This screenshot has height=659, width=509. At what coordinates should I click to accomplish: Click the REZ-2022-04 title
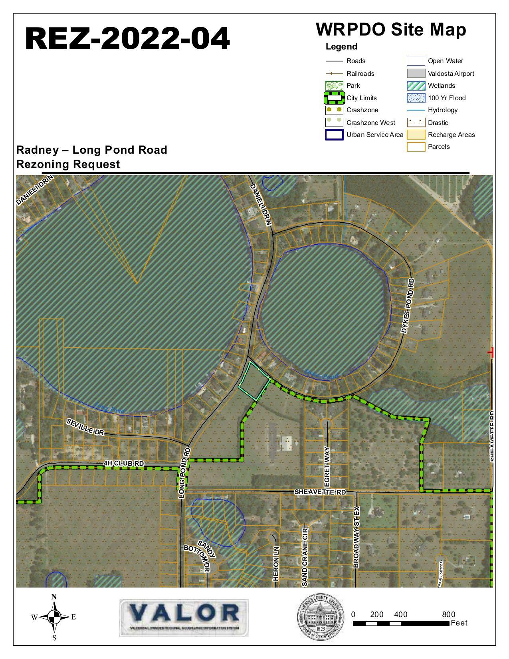tap(127, 39)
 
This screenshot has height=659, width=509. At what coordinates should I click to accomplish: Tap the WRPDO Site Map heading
tap(391, 30)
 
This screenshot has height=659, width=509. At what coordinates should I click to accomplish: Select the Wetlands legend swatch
tap(416, 85)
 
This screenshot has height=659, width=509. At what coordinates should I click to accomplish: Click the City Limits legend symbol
tap(334, 98)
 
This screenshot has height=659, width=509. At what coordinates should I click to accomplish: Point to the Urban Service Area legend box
tap(334, 135)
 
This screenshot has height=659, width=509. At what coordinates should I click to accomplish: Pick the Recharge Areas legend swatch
tap(416, 135)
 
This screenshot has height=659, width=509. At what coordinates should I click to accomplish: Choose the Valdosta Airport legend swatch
tap(416, 73)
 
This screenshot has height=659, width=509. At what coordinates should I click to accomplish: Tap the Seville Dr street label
tap(85, 427)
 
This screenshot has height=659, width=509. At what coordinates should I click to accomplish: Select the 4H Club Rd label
tap(123, 463)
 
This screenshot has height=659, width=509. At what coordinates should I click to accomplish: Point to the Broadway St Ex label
tap(356, 537)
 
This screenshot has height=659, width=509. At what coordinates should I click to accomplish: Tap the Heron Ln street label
tap(276, 564)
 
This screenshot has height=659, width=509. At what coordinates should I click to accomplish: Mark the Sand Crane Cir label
tap(305, 557)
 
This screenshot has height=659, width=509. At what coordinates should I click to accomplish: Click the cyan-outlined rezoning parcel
tap(254, 381)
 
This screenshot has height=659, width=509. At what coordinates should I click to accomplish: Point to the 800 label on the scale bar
tap(448, 614)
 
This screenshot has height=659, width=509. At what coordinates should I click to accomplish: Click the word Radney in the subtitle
tap(36, 150)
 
